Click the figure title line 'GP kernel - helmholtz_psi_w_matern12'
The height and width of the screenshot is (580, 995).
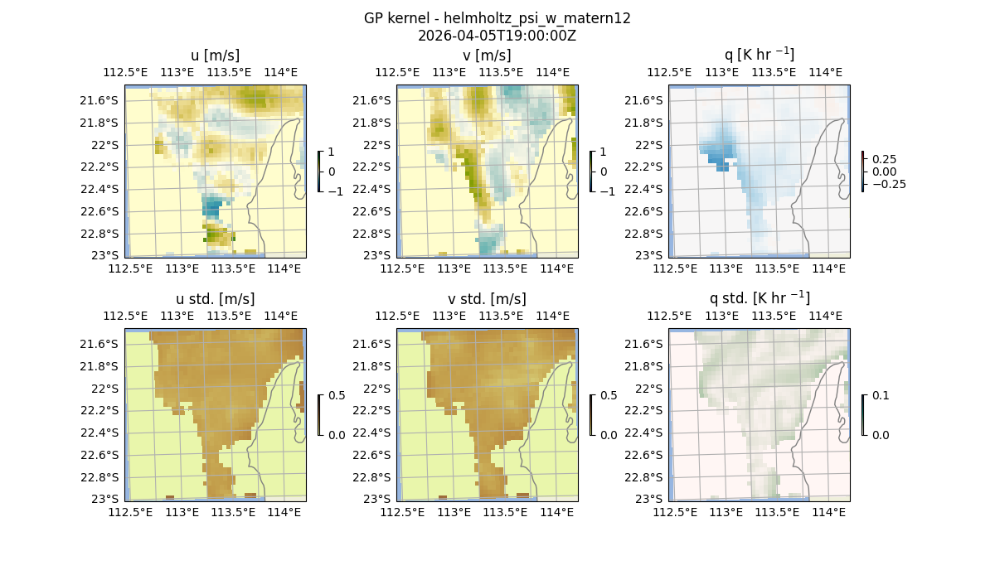coord(497,18)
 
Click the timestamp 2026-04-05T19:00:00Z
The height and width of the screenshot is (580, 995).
coord(497,36)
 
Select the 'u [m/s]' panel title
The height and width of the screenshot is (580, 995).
coord(216,56)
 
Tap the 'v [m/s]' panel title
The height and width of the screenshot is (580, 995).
coord(487,56)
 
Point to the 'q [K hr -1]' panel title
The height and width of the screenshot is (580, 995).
coord(759,55)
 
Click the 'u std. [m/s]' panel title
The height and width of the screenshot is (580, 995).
coord(216,299)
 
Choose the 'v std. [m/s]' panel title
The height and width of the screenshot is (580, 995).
coord(487,299)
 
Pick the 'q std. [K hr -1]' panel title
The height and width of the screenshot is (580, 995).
coord(759,298)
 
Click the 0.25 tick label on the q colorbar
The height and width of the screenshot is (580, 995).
coord(884,159)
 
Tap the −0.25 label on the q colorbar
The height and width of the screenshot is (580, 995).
coord(888,184)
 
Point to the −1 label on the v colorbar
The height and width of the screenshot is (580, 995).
coord(607,191)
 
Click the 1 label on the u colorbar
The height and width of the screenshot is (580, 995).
coord(332,152)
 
